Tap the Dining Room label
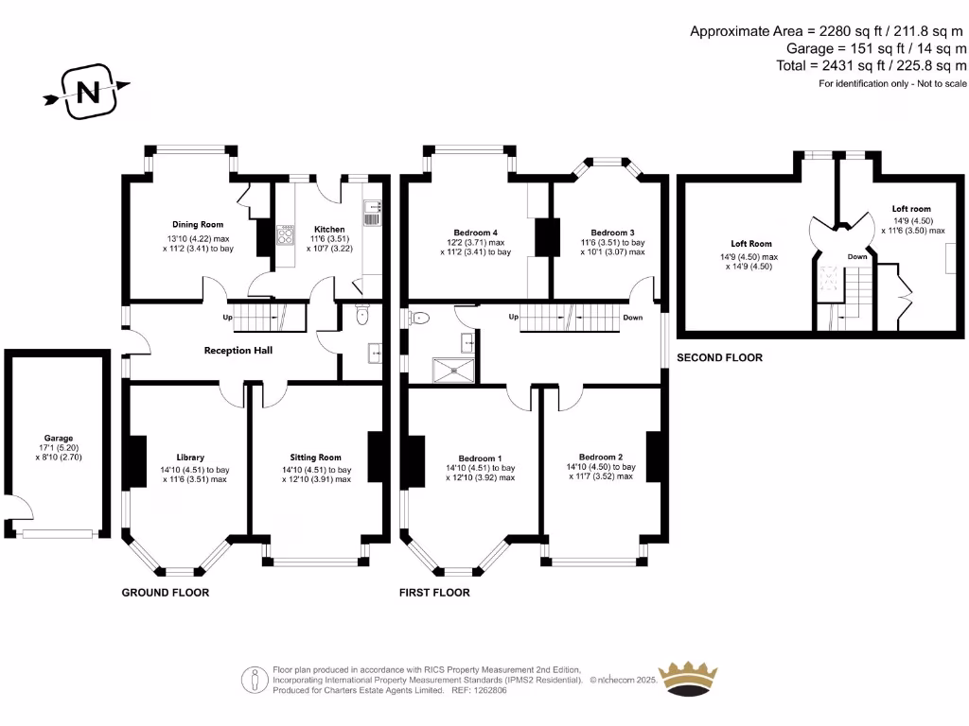click(198, 224)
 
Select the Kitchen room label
click(329, 230)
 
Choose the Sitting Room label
click(316, 457)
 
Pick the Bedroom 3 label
click(612, 233)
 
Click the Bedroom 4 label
click(475, 233)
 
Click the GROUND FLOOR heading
click(166, 593)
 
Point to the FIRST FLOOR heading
click(434, 593)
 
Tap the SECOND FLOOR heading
click(719, 358)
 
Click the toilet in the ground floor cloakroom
click(361, 318)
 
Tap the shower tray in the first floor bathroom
click(455, 370)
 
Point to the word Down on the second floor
click(857, 256)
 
